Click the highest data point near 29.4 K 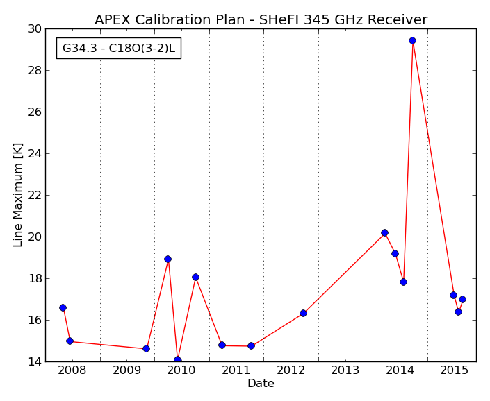coord(412,40)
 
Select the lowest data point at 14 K coord(177,359)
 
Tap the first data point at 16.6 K coord(63,308)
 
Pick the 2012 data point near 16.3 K coord(303,313)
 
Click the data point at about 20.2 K coord(384,232)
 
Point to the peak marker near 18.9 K coord(168,259)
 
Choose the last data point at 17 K coord(462,299)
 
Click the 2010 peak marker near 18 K coord(195,278)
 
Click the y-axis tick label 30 coord(35,29)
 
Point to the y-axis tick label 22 coord(35,196)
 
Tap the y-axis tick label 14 coord(35,362)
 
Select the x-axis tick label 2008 coord(72,370)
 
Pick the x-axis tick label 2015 coord(455,370)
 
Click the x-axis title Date coord(261,383)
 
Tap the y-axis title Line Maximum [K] coord(18,195)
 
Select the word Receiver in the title coord(398,19)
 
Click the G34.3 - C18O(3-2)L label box coord(119,49)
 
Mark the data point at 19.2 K coord(395,253)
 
